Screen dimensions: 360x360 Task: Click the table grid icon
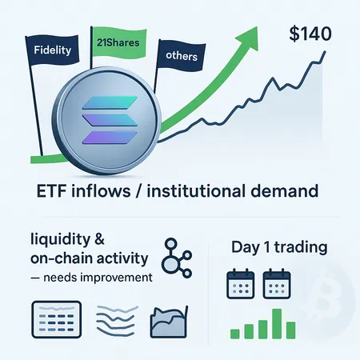56,320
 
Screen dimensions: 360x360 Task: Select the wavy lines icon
114,322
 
